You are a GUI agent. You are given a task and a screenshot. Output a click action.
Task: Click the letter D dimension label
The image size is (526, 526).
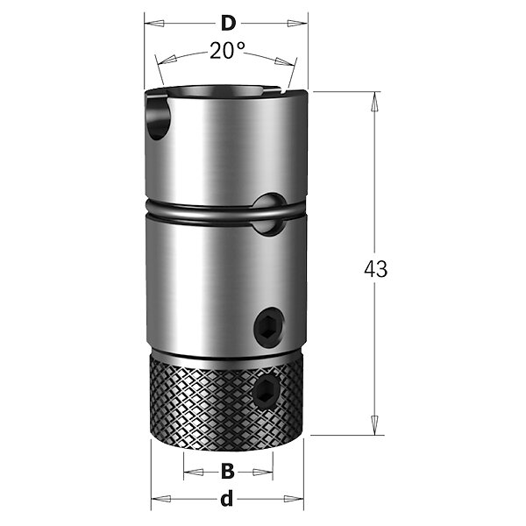click(228, 24)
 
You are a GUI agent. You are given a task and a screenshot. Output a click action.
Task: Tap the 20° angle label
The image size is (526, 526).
click(227, 50)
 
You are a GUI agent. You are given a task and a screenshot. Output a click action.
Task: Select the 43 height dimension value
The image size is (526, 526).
click(376, 269)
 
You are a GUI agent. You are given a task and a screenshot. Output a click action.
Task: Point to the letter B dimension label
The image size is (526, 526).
click(228, 472)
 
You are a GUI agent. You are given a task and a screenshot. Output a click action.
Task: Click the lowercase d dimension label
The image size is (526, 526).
click(227, 499)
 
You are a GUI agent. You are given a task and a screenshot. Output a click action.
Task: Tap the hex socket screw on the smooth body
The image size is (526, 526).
click(268, 326)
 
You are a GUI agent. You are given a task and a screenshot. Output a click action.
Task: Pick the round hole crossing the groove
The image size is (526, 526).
click(269, 214)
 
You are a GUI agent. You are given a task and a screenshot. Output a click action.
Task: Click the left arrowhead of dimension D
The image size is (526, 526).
click(154, 24)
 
